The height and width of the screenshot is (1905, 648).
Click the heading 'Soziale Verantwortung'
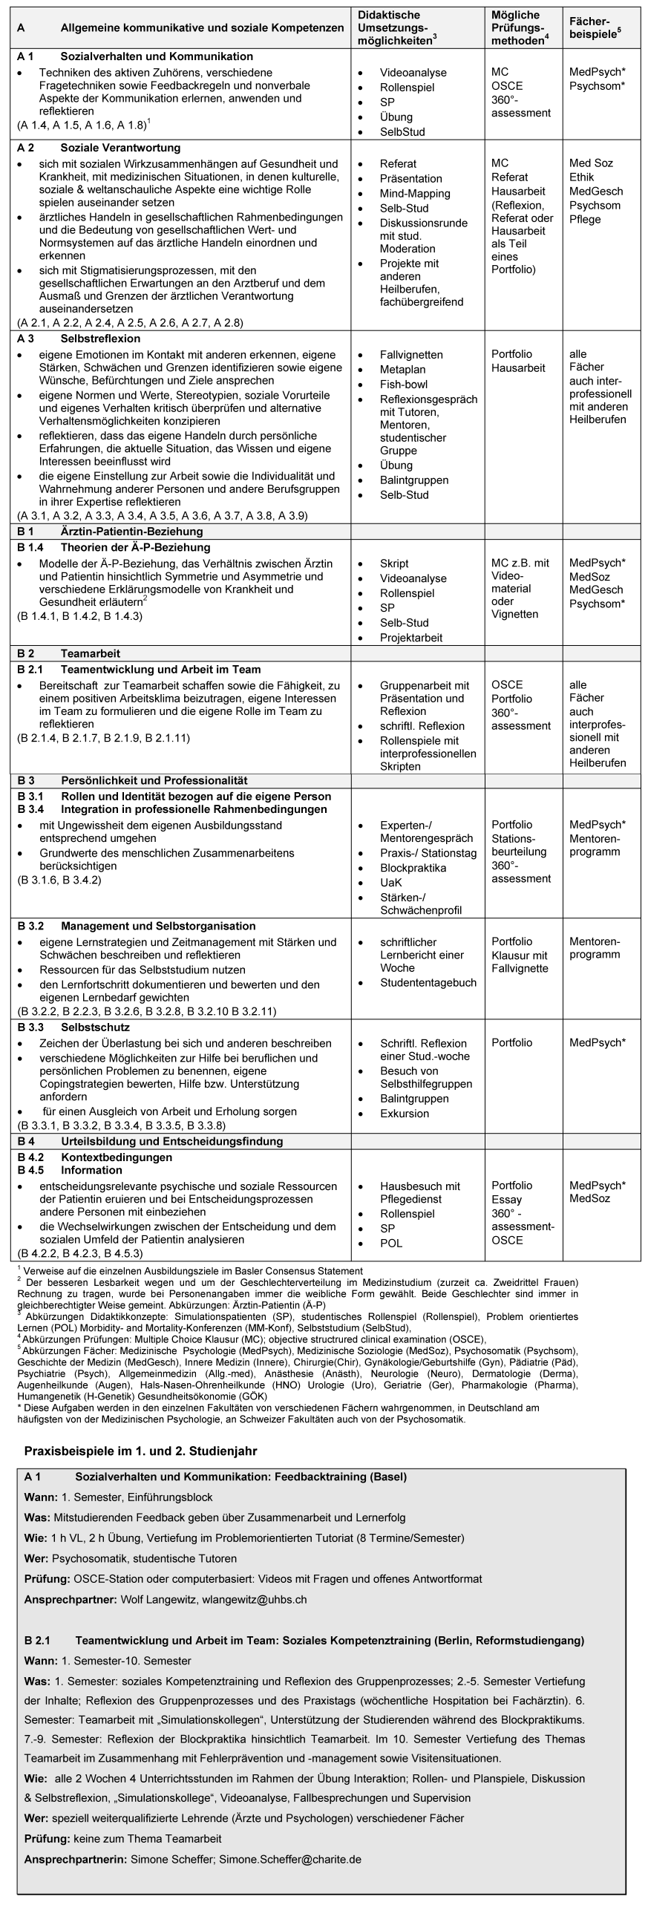[120, 148]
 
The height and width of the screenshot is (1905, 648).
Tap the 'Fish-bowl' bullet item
[404, 384]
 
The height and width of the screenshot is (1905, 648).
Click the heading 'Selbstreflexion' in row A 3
[100, 339]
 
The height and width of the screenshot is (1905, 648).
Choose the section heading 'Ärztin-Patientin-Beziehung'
[131, 532]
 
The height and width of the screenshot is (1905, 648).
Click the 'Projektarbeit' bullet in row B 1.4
[410, 637]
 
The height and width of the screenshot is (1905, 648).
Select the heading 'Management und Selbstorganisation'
[157, 926]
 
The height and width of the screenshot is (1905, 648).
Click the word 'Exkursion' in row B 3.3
[405, 1113]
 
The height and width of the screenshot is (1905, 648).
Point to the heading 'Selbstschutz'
[95, 1027]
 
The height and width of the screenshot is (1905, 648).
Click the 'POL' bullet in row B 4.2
[391, 1243]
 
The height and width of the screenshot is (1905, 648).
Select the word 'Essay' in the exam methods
[506, 1199]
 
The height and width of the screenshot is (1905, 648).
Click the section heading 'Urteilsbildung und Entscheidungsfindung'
[171, 1140]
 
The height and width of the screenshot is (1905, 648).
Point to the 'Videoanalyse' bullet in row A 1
[413, 73]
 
